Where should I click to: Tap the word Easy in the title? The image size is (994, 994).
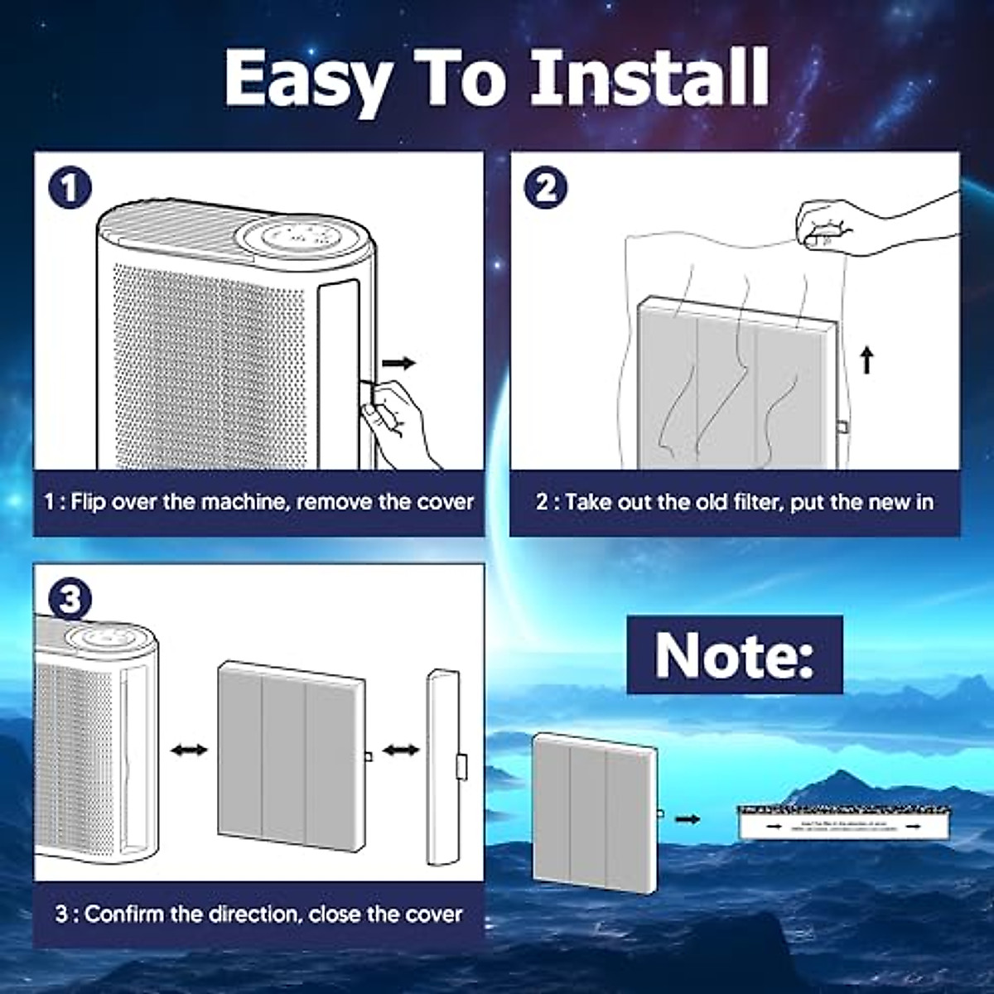(x=308, y=79)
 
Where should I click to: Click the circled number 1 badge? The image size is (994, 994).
(x=70, y=188)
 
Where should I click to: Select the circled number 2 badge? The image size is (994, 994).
(x=546, y=188)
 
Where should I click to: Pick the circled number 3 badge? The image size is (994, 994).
(x=70, y=599)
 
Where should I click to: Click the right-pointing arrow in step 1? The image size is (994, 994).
(x=398, y=363)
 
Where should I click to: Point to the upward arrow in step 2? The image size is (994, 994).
(x=866, y=360)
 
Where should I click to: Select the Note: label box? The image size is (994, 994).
(x=734, y=655)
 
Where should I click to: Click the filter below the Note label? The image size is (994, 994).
(x=593, y=812)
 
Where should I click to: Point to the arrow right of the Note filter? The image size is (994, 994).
(x=688, y=819)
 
